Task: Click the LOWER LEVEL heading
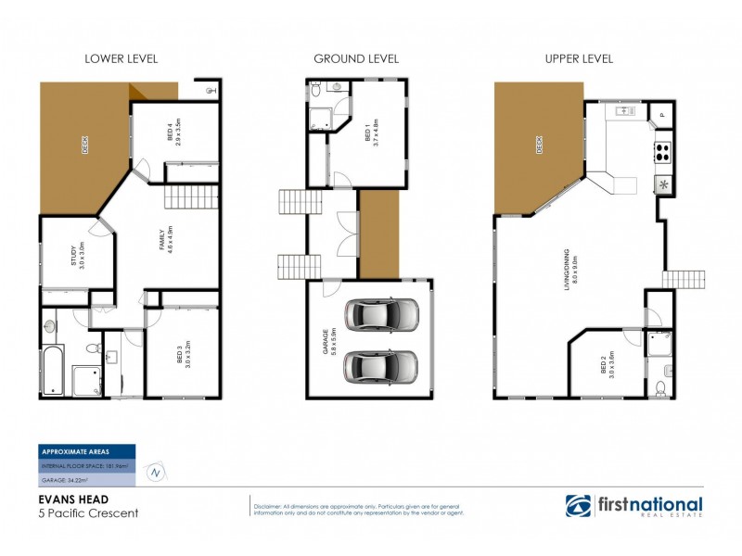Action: (121, 59)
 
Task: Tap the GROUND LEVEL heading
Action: (356, 59)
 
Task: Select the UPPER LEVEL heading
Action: (578, 59)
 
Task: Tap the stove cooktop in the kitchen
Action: (663, 150)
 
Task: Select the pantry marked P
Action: (661, 115)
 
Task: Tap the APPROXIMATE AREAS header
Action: (78, 451)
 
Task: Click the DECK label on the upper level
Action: (537, 145)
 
